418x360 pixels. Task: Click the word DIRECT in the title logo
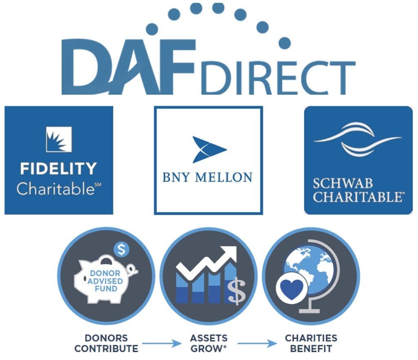pos(278,78)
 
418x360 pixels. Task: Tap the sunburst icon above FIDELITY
pos(59,139)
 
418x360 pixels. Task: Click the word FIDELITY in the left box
pos(58,169)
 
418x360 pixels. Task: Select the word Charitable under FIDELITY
pos(56,189)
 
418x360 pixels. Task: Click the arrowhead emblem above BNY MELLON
pos(209,149)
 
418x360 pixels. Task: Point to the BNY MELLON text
pos(207,178)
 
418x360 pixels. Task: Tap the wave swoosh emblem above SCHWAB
pos(358,139)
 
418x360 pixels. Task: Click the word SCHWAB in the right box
pos(342,184)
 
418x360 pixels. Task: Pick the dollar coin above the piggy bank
pos(122,250)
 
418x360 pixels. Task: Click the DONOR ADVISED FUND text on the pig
pos(105,281)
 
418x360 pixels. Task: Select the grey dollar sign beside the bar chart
pos(236,291)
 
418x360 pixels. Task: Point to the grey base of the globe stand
pos(309,311)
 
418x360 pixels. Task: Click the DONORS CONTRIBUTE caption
pos(106,343)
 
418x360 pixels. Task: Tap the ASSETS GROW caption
pos(209,343)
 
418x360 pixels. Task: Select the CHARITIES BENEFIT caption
pos(311,343)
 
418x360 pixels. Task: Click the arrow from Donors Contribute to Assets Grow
pos(162,343)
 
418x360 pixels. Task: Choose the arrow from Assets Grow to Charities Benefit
pos(257,343)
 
